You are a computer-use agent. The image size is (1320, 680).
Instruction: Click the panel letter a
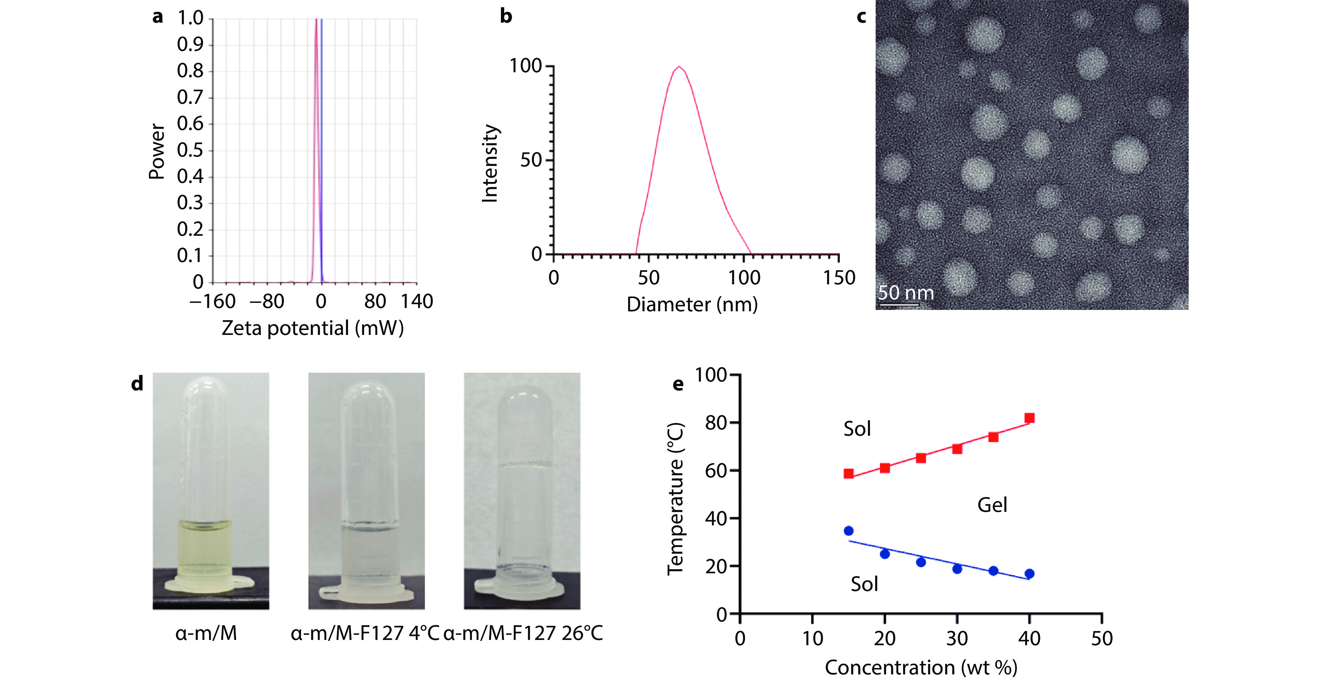157,17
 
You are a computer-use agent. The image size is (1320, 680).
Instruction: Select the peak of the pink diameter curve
679,67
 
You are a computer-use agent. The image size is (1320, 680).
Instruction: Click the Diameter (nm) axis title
692,305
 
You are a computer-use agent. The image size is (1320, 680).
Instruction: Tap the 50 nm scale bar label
906,293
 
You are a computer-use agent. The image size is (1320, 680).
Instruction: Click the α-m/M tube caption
206,633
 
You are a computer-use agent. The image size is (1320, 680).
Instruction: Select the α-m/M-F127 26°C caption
523,633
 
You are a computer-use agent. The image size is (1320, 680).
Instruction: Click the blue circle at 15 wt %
849,531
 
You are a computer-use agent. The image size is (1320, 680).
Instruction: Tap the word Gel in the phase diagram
992,505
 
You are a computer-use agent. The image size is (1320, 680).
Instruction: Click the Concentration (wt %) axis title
921,668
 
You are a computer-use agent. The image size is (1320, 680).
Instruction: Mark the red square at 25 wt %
921,458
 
